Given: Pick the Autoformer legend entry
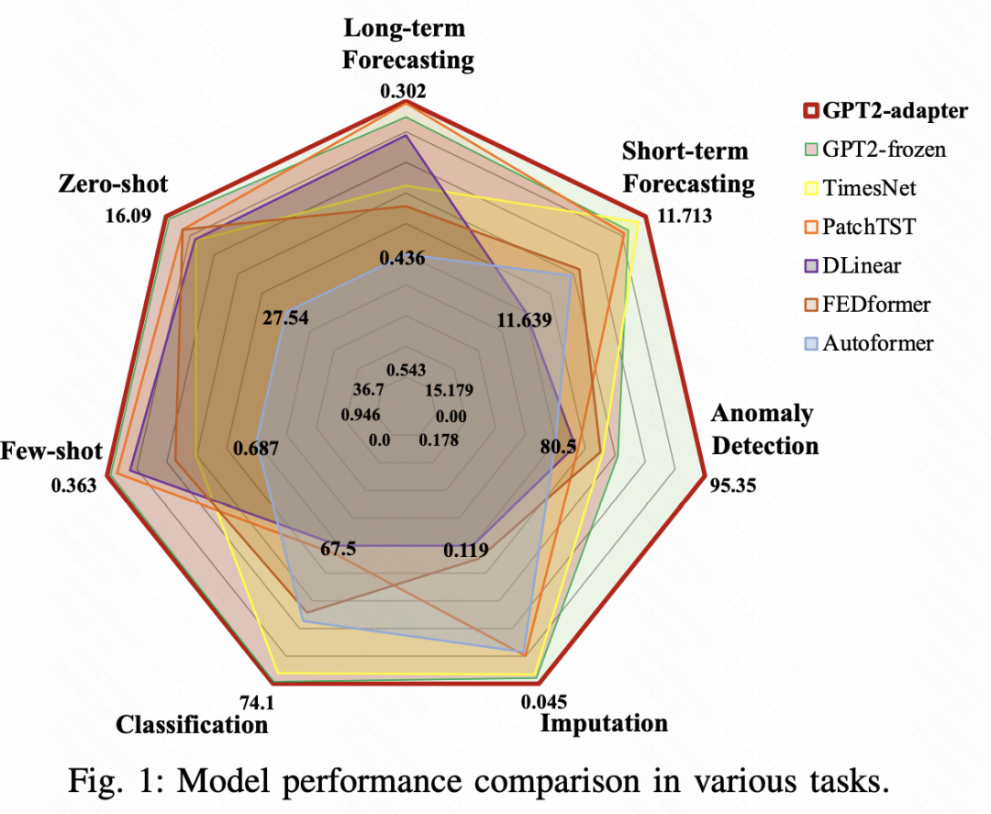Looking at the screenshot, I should pos(877,344).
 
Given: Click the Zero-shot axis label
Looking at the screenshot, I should pos(113,184).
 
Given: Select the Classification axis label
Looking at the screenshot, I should pos(192,725).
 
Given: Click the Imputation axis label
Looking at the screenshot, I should pos(604,723).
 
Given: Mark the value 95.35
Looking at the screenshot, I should pos(733,485).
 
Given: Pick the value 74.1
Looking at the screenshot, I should pos(258,703).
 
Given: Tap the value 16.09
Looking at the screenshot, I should pos(129,221).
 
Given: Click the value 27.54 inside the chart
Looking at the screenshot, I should pos(284,318).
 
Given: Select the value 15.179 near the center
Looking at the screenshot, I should pos(448,389).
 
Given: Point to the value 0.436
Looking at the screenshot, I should pos(402,259).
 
